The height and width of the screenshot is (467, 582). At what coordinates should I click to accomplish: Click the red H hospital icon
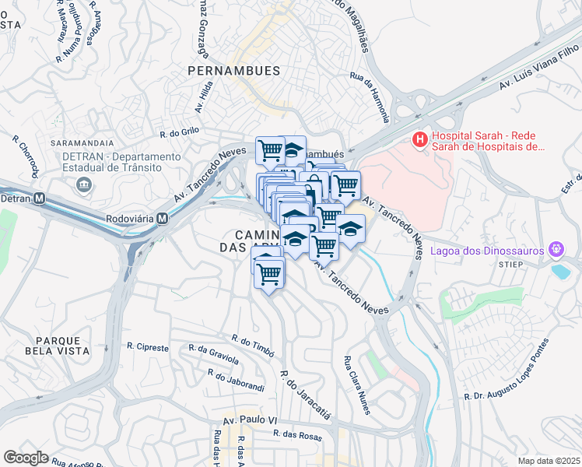(x=420, y=140)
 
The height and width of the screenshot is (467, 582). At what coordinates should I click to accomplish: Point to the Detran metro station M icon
(x=40, y=198)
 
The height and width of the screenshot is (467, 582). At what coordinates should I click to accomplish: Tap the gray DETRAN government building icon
(x=83, y=184)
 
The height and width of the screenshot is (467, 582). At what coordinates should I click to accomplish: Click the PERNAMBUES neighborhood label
(x=233, y=71)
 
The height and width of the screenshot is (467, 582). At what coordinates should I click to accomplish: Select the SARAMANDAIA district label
(x=82, y=144)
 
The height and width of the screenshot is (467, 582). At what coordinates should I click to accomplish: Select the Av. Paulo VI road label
(x=251, y=420)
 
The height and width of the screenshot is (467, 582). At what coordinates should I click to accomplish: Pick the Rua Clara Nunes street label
(x=358, y=385)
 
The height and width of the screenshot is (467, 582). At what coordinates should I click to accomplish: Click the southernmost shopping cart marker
(x=268, y=273)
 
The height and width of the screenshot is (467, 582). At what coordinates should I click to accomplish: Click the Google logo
(x=26, y=458)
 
